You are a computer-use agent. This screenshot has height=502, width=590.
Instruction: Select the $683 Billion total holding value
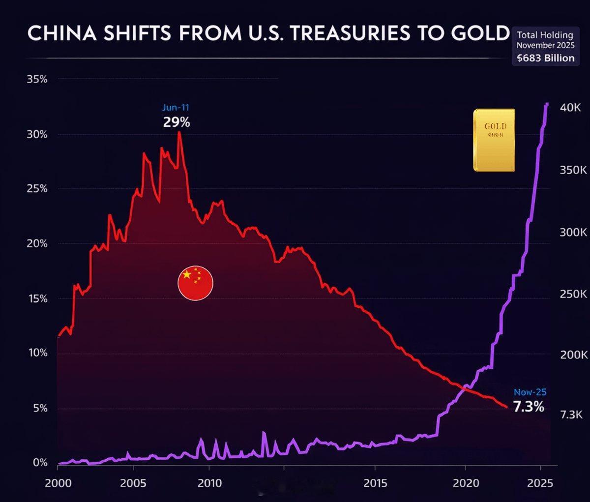click(x=545, y=58)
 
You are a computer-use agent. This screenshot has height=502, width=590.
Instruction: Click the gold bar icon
click(x=494, y=140)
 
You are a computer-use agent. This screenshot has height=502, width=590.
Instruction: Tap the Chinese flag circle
click(x=195, y=283)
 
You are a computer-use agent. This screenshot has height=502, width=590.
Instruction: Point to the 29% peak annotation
click(x=177, y=122)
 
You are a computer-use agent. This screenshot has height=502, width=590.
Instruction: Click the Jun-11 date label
click(x=176, y=107)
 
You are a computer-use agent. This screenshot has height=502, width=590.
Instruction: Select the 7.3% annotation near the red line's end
click(x=529, y=407)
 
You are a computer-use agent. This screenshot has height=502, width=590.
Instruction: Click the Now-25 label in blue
click(x=530, y=392)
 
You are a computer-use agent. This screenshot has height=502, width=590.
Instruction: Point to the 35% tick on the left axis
click(x=37, y=79)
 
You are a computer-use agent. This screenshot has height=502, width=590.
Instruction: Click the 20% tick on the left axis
click(x=37, y=244)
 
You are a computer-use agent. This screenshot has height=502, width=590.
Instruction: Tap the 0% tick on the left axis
click(x=40, y=463)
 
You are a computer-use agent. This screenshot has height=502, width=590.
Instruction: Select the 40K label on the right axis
click(x=570, y=108)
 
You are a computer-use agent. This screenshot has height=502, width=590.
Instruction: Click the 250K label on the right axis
click(x=573, y=294)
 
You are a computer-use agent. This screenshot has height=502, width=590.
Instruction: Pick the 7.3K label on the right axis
click(x=571, y=414)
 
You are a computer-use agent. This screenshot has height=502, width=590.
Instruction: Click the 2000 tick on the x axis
click(x=58, y=483)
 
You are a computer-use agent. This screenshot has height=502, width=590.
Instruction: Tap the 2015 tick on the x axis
click(x=375, y=483)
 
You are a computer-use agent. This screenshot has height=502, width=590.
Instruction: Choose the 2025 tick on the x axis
click(x=540, y=483)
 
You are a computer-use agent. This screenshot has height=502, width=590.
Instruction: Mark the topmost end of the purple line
click(x=547, y=104)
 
